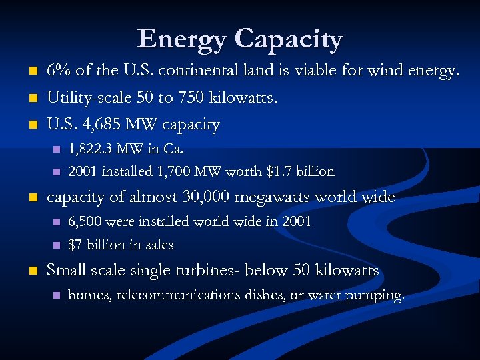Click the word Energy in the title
[181, 40]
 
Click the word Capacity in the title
[288, 40]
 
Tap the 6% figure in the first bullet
[58, 70]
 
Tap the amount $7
[76, 245]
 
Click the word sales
[157, 245]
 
